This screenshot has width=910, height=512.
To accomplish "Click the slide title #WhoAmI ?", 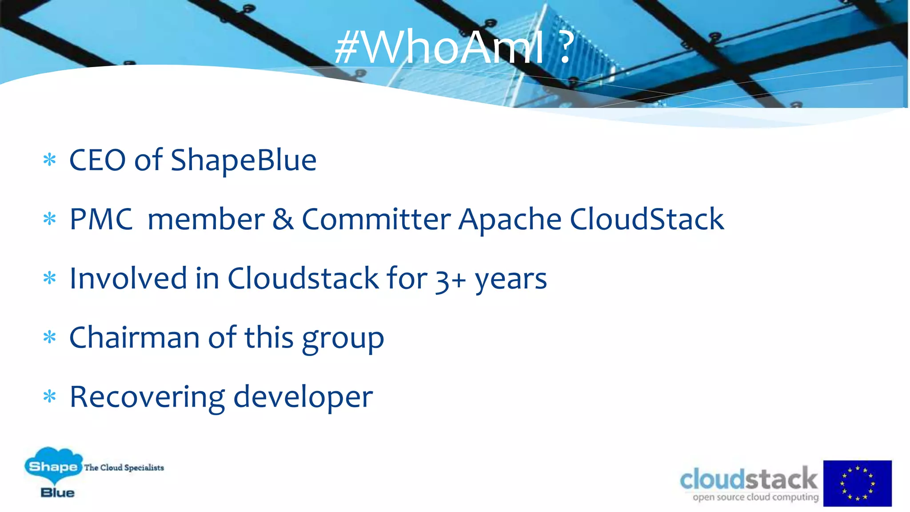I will coord(453,47).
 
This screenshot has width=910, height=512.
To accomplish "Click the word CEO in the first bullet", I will coord(97,160).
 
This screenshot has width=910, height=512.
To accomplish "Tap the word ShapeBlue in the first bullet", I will coord(243,160).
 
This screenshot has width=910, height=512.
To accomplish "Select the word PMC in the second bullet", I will coord(101,219).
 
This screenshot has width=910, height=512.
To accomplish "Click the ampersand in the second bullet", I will coord(283,219).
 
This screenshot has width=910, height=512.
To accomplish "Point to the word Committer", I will coord(376,219).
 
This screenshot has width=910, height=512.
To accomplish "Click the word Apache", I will coord(510,220).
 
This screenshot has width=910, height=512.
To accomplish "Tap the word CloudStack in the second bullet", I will coord(647,219).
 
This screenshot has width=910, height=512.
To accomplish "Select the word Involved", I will coord(128,278).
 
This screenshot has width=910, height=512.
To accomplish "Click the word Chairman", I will coord(134,337).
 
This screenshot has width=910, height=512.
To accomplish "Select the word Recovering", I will coord(147,397).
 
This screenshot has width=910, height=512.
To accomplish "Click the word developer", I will coord(303,397).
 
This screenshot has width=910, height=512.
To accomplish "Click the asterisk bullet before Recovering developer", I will coord(50,396).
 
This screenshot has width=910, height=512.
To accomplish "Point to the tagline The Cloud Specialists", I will coord(124,468).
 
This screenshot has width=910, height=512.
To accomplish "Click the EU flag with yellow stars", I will coord(857,483).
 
